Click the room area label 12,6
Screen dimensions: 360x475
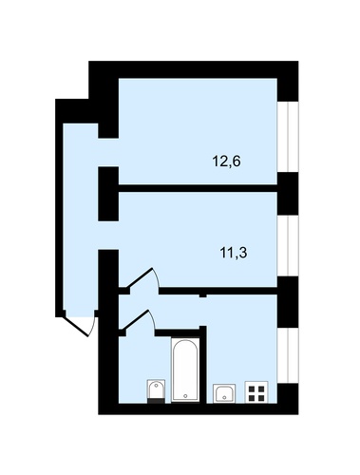tap(226, 161)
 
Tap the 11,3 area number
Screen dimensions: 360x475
tap(234, 253)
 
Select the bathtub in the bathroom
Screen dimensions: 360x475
tap(185, 370)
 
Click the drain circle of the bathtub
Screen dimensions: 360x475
tap(185, 396)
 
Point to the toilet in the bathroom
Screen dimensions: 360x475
tap(156, 391)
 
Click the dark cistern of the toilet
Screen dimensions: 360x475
tap(156, 401)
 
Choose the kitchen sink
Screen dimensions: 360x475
tap(224, 393)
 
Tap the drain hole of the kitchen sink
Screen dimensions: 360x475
tap(224, 397)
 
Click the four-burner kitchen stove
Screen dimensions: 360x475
tap(256, 392)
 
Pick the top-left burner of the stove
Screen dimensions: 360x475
tap(252, 389)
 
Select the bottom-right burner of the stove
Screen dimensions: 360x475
tap(261, 398)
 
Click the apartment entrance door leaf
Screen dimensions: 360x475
tap(77, 324)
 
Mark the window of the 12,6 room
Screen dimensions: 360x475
tap(288, 137)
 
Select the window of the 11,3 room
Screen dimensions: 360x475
tap(288, 245)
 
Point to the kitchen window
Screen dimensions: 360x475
tap(288, 355)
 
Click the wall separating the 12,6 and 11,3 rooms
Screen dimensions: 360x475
tap(198, 188)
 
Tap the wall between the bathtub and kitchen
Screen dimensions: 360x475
tap(203, 365)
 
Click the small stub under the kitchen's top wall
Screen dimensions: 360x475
tap(202, 296)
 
